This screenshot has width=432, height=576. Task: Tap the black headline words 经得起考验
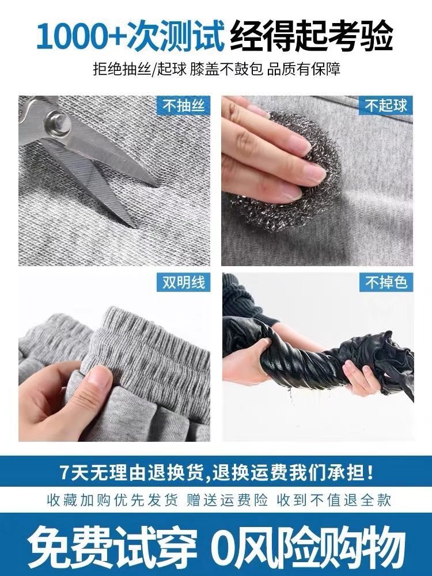312,36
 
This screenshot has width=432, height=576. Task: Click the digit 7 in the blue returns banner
65,472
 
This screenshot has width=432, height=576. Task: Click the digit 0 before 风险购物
224,544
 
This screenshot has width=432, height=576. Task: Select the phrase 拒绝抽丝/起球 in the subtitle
144,70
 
